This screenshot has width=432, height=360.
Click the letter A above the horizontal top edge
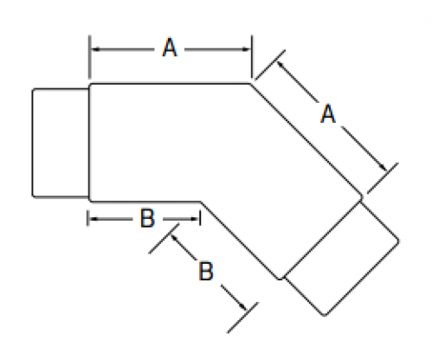(x=170, y=48)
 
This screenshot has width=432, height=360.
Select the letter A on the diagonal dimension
(x=328, y=114)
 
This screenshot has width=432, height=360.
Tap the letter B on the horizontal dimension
(x=147, y=218)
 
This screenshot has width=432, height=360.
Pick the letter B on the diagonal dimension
(x=206, y=271)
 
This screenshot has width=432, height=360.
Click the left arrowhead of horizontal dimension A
(x=96, y=49)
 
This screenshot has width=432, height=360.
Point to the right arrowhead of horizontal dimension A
(x=246, y=49)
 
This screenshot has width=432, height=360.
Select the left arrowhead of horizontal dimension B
(x=93, y=219)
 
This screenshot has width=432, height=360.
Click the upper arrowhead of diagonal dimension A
(x=280, y=65)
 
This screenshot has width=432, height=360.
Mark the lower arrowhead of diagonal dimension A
(x=384, y=167)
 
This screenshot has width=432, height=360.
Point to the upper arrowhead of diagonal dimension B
(x=175, y=239)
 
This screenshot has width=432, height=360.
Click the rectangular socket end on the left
(x=61, y=143)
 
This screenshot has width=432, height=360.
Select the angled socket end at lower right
(x=341, y=258)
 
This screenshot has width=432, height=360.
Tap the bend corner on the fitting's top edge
(x=250, y=84)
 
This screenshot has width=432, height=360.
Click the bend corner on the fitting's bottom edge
(x=201, y=202)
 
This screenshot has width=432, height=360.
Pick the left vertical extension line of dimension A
(x=90, y=57)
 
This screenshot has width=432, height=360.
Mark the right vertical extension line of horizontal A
(x=252, y=57)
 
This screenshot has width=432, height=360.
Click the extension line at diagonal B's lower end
(x=242, y=318)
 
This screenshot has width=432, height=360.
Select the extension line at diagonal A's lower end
(x=383, y=178)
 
